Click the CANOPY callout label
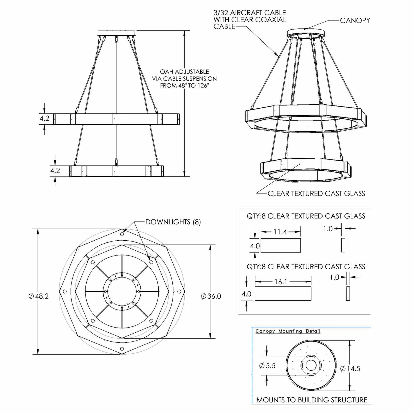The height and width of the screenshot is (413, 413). click(x=355, y=20)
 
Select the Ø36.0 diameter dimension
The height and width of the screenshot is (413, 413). click(x=211, y=296)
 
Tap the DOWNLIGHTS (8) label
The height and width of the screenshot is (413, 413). click(x=173, y=222)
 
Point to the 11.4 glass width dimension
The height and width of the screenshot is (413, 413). click(x=280, y=232)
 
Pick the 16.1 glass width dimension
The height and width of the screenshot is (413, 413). click(x=281, y=282)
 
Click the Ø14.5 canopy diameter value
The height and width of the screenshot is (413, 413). click(x=350, y=369)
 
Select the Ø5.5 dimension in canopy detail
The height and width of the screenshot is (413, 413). click(x=268, y=366)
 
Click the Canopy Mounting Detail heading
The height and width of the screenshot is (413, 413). click(x=288, y=331)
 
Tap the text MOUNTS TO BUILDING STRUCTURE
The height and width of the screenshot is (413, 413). click(x=312, y=400)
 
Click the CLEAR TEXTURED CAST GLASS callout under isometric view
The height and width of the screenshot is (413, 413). click(x=316, y=193)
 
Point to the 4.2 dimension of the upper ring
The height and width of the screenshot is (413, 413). click(x=45, y=118)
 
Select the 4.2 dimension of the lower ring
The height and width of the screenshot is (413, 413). click(x=55, y=171)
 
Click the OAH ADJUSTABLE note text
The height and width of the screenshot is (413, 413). click(x=184, y=79)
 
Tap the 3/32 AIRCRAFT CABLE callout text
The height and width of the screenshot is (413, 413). click(x=250, y=19)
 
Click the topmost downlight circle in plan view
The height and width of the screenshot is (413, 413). click(x=122, y=234)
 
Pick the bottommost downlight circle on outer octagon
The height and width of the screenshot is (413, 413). click(x=122, y=349)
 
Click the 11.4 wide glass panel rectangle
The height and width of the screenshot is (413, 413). click(x=281, y=245)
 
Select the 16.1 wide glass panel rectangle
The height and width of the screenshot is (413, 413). click(x=283, y=294)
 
